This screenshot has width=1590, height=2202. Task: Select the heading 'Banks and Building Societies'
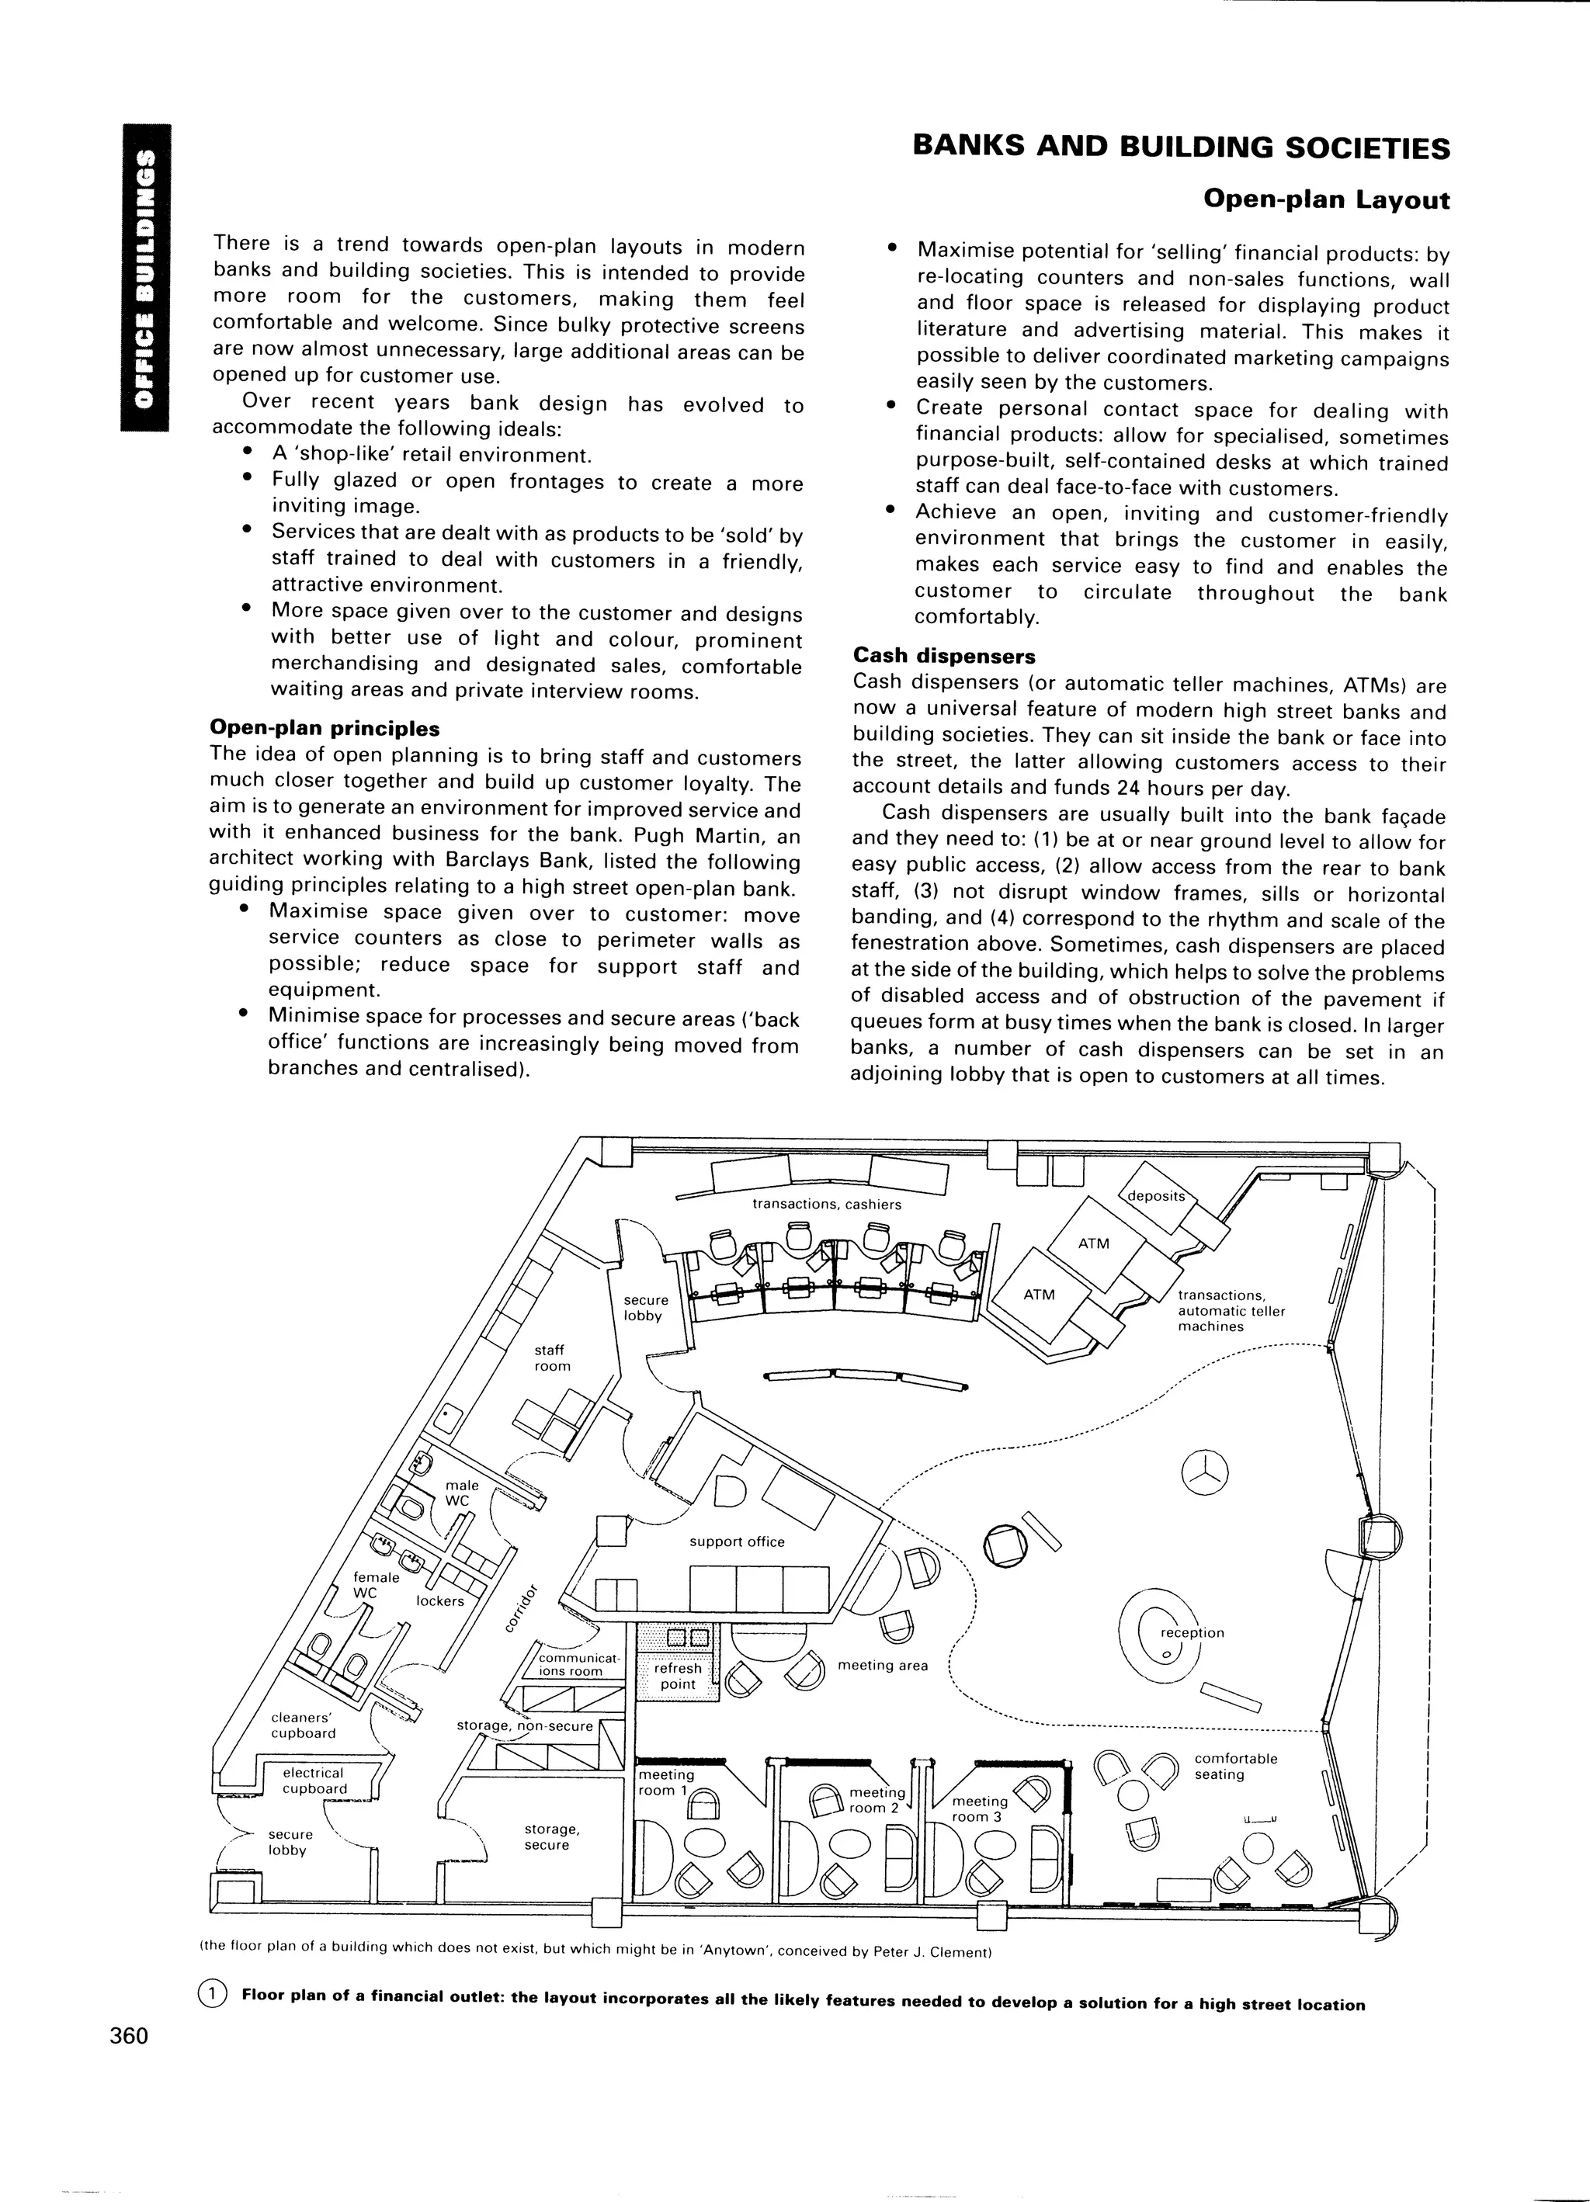pyautogui.click(x=1180, y=147)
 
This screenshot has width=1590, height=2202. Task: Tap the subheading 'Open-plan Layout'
pyautogui.click(x=1326, y=200)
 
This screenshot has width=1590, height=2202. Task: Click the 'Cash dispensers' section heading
pyautogui.click(x=944, y=657)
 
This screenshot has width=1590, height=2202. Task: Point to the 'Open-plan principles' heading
pyautogui.click(x=325, y=728)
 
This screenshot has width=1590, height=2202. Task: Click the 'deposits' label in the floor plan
pyautogui.click(x=1156, y=1196)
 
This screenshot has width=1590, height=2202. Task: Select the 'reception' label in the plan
pyautogui.click(x=1192, y=1632)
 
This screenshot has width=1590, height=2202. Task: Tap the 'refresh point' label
pyautogui.click(x=678, y=1676)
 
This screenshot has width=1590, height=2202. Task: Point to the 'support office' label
pyautogui.click(x=736, y=1541)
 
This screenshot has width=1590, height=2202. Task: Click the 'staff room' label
pyautogui.click(x=552, y=1358)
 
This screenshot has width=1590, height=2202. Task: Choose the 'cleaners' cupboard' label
pyautogui.click(x=303, y=1725)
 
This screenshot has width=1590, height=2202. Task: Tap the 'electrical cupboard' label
pyautogui.click(x=314, y=1781)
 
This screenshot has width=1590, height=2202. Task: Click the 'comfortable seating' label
pyautogui.click(x=1235, y=1766)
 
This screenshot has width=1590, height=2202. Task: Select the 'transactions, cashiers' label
pyautogui.click(x=827, y=1204)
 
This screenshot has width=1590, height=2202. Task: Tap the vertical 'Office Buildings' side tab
pyautogui.click(x=144, y=278)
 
